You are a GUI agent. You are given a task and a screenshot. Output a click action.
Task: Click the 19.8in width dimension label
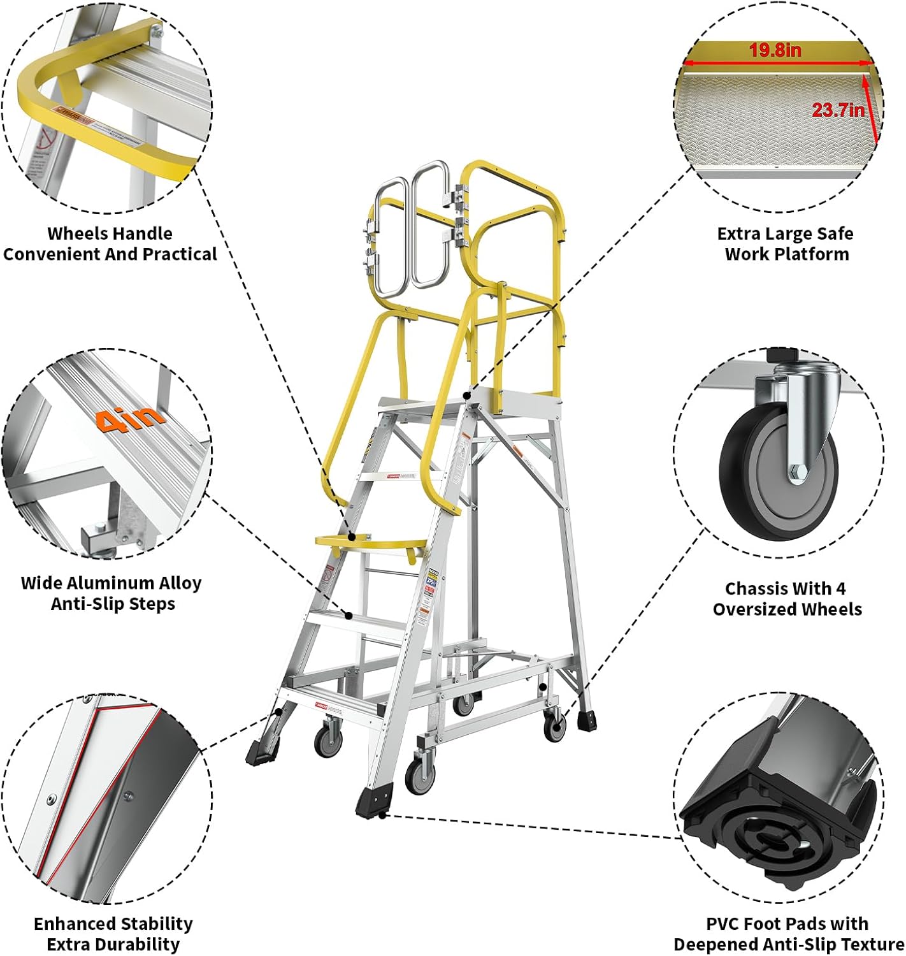[775, 50]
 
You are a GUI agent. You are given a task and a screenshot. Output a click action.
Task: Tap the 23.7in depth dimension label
[838, 110]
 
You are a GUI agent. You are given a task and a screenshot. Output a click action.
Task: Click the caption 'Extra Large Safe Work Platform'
[786, 243]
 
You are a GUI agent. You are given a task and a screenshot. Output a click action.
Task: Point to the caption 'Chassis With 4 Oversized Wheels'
[787, 598]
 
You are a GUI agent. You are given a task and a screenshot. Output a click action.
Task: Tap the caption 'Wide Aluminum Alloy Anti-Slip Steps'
[111, 593]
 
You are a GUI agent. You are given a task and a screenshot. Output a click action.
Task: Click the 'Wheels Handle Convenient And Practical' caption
[110, 243]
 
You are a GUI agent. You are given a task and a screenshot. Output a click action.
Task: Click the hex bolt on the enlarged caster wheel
[798, 472]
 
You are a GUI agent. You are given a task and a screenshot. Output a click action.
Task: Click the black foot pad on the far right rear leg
[587, 721]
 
